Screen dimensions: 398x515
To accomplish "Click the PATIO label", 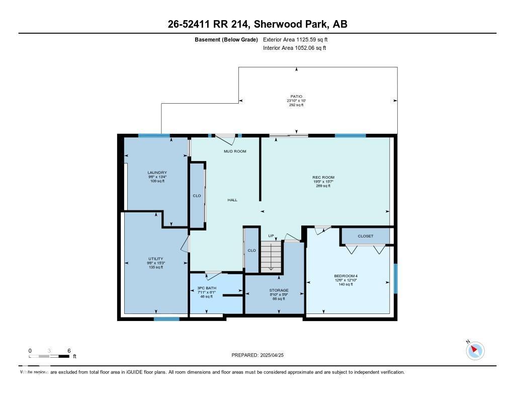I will pyautogui.click(x=296, y=96).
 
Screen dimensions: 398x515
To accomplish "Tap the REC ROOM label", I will pyautogui.click(x=323, y=177).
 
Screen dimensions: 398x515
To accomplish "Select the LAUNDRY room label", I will pyautogui.click(x=157, y=173).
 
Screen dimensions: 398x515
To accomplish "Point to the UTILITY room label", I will pyautogui.click(x=155, y=259).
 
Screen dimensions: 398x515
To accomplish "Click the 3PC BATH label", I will pyautogui.click(x=206, y=288).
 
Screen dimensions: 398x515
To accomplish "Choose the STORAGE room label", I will pyautogui.click(x=279, y=290).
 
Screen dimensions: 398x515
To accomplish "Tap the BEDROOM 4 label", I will pyautogui.click(x=346, y=276).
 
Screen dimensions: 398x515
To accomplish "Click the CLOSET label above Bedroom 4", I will pyautogui.click(x=365, y=236).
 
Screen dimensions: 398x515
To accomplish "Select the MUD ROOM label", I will pyautogui.click(x=235, y=151).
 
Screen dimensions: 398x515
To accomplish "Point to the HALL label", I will pyautogui.click(x=232, y=200).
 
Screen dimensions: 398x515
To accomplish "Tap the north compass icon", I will pyautogui.click(x=475, y=351).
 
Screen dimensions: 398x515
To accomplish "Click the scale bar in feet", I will pyautogui.click(x=49, y=356).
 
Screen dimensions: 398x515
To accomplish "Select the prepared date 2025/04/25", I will pyautogui.click(x=261, y=355).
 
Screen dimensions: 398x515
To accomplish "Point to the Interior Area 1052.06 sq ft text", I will pyautogui.click(x=294, y=48).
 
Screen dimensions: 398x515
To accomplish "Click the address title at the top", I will pyautogui.click(x=257, y=24).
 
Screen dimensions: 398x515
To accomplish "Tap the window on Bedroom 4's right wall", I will pyautogui.click(x=395, y=278).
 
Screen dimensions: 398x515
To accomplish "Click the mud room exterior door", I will pyautogui.click(x=225, y=136).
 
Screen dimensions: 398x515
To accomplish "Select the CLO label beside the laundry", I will pyautogui.click(x=197, y=196).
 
